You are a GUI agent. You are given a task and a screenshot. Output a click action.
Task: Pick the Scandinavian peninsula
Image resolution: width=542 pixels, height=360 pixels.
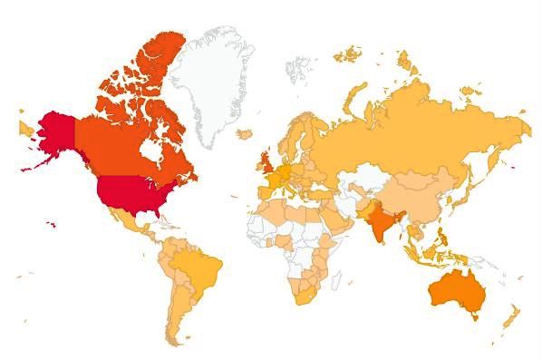[290, 136]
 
